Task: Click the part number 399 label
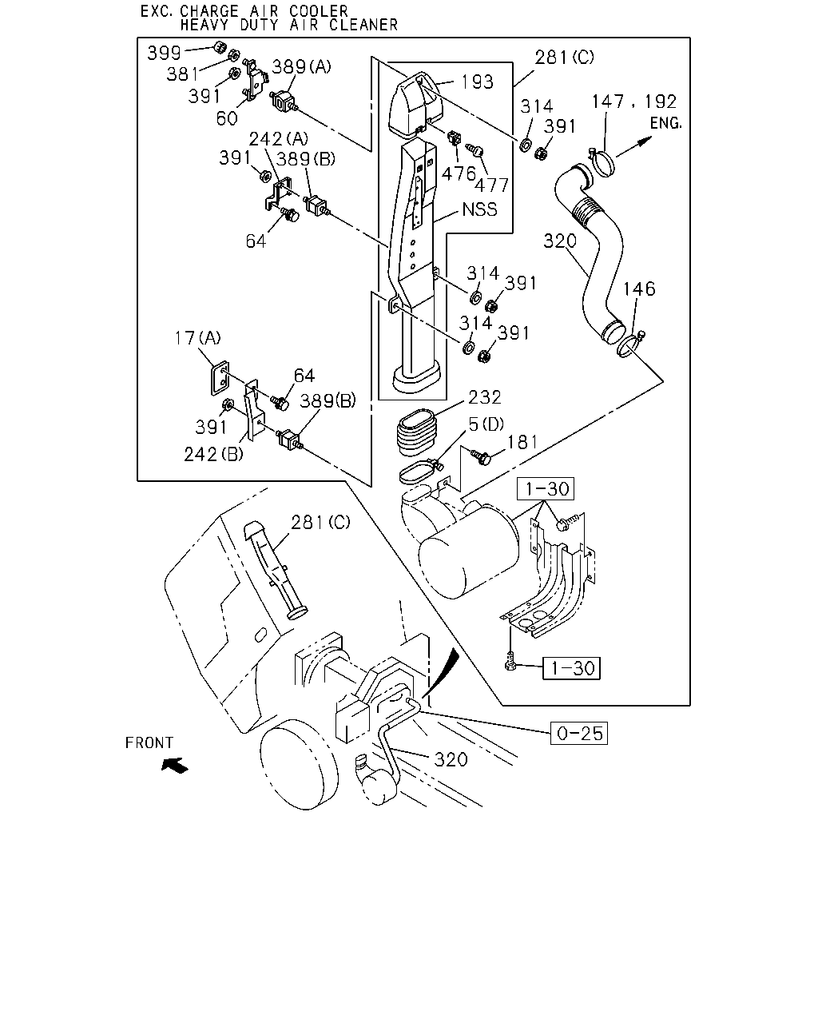[x=164, y=53]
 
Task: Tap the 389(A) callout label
[x=301, y=66]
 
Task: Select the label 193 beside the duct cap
[x=477, y=82]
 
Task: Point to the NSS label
[x=479, y=209]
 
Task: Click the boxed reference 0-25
[x=579, y=733]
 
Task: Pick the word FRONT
[x=149, y=742]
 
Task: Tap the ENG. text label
[x=666, y=124]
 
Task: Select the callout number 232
[x=484, y=397]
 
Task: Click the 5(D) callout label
[x=486, y=424]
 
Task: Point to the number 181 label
[x=522, y=442]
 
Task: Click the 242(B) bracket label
[x=213, y=455]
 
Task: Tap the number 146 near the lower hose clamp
[x=639, y=289]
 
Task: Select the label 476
[x=459, y=174]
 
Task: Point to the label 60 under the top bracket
[x=227, y=118]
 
